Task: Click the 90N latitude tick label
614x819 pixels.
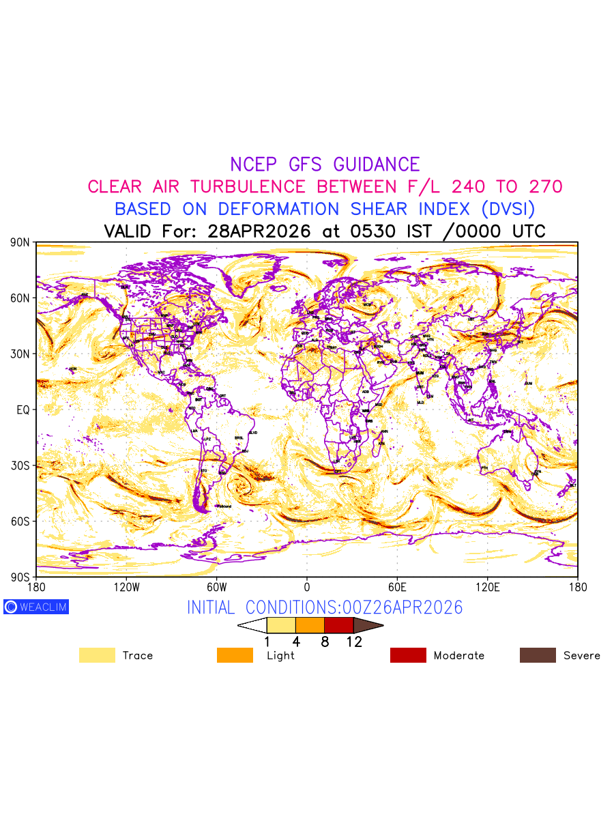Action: (20, 242)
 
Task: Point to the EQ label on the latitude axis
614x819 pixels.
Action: (23, 409)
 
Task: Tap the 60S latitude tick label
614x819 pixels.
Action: (20, 521)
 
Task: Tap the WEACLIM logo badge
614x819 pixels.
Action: (36, 607)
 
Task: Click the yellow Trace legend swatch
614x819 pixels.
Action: (97, 655)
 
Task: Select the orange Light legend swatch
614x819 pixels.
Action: (235, 655)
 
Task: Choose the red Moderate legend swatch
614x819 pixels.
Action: (408, 655)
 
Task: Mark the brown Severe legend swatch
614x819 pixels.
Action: (538, 655)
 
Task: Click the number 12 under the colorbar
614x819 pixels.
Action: (354, 642)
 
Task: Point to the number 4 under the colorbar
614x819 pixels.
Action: (296, 642)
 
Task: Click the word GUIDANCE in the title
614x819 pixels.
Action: (377, 164)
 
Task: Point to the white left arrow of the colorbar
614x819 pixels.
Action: (252, 625)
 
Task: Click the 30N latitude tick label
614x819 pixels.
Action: (20, 354)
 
